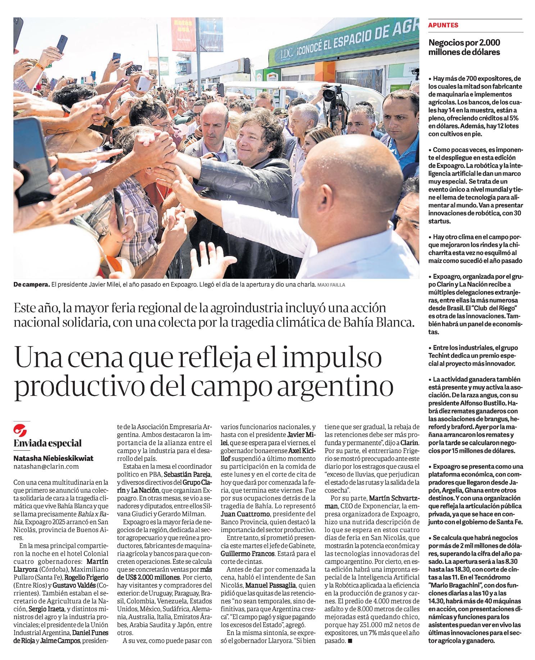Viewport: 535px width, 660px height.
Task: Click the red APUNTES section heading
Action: [443, 25]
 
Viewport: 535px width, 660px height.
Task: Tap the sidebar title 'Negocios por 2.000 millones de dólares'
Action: [464, 47]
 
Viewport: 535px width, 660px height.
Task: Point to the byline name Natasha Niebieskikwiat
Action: [53, 458]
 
